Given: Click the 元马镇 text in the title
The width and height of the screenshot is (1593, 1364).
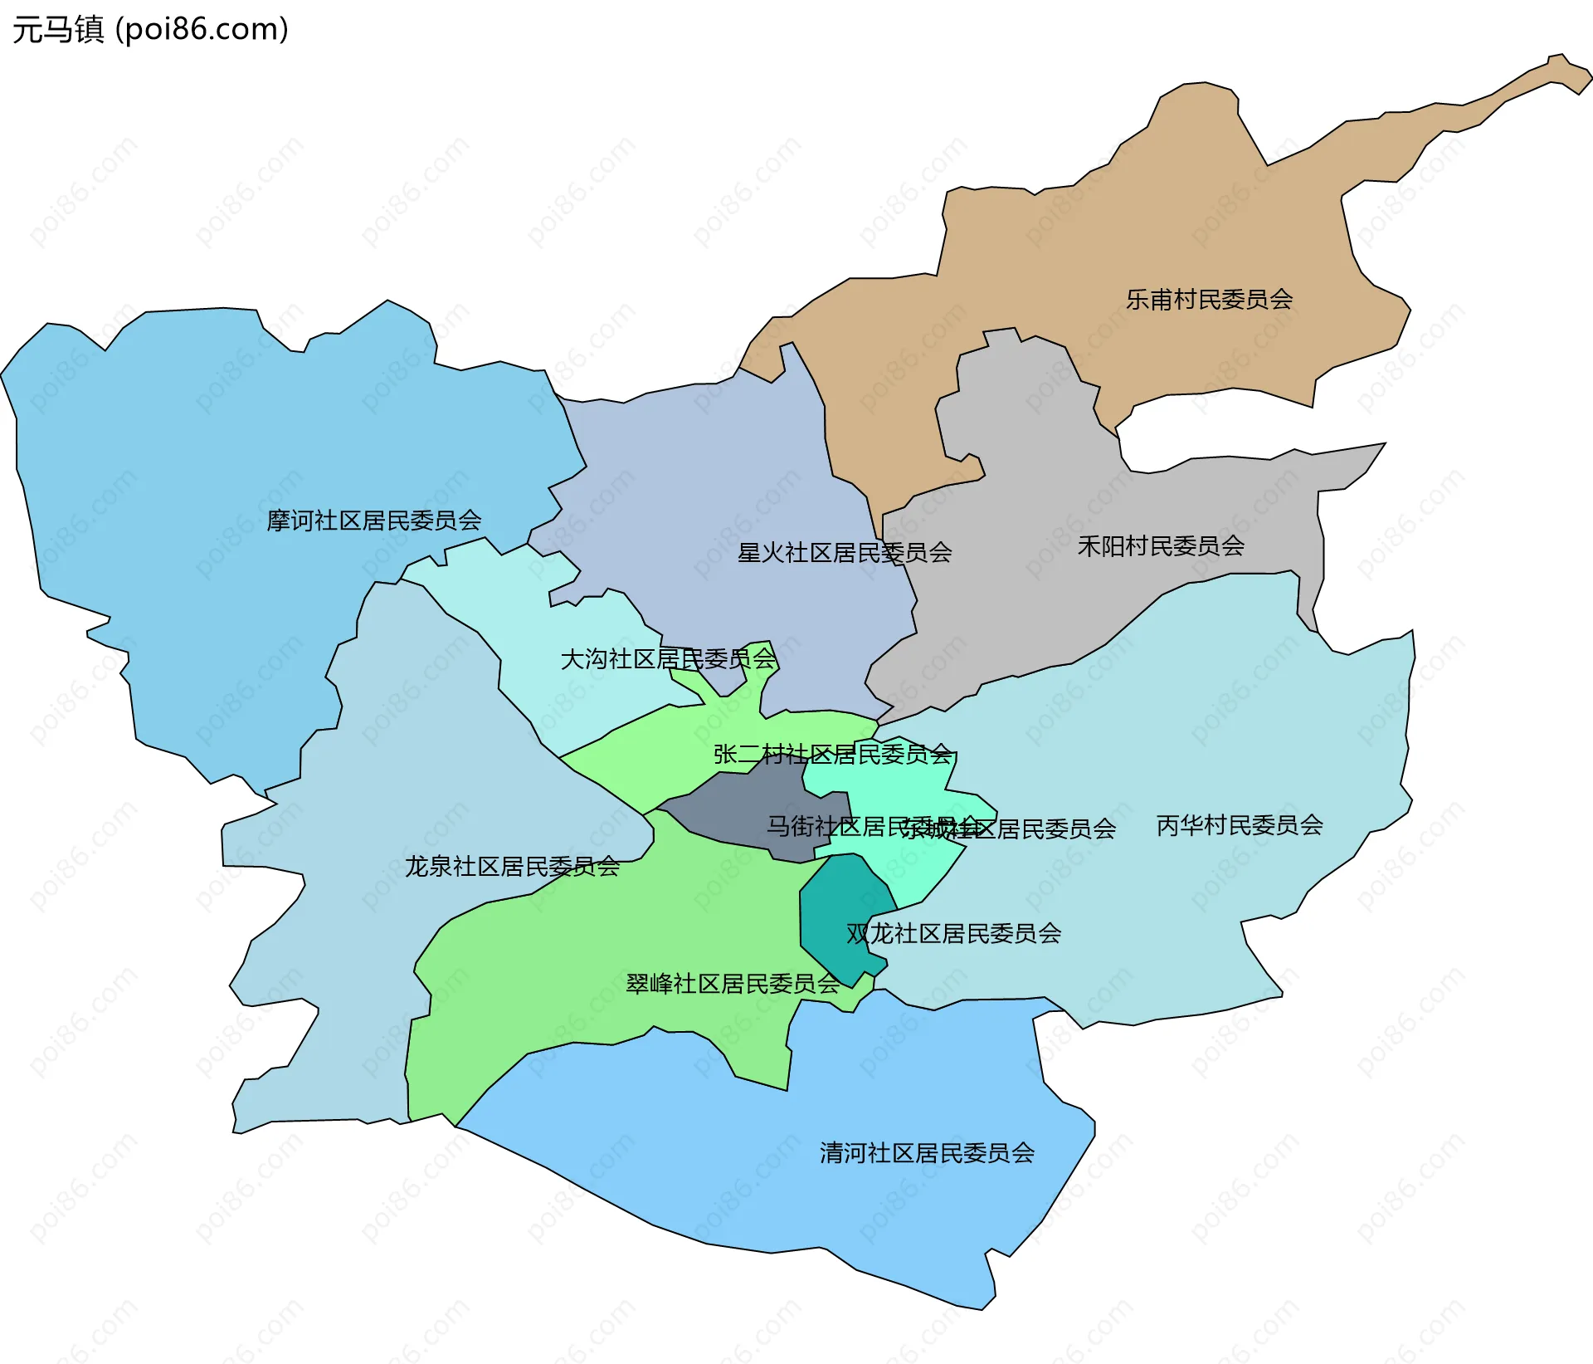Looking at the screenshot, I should (58, 29).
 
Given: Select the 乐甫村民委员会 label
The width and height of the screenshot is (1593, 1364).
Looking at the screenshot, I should (1209, 299).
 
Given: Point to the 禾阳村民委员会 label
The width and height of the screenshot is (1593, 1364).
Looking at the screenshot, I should (1161, 545).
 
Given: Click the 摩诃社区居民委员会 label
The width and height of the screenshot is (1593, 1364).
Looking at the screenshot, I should (374, 520).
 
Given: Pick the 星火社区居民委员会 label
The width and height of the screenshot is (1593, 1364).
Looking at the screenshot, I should (845, 552).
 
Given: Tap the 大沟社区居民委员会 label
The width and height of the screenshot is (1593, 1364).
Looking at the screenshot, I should (668, 658).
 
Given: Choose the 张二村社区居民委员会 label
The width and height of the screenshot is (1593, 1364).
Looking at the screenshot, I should (832, 754).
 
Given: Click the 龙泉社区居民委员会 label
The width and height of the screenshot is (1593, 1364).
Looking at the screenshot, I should (512, 866).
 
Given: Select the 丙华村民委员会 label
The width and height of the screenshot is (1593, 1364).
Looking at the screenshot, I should (1240, 824).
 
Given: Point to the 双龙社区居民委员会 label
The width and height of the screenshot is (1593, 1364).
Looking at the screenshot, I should (953, 933).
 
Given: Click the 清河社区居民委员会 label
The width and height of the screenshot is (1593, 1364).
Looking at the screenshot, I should (927, 1152).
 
